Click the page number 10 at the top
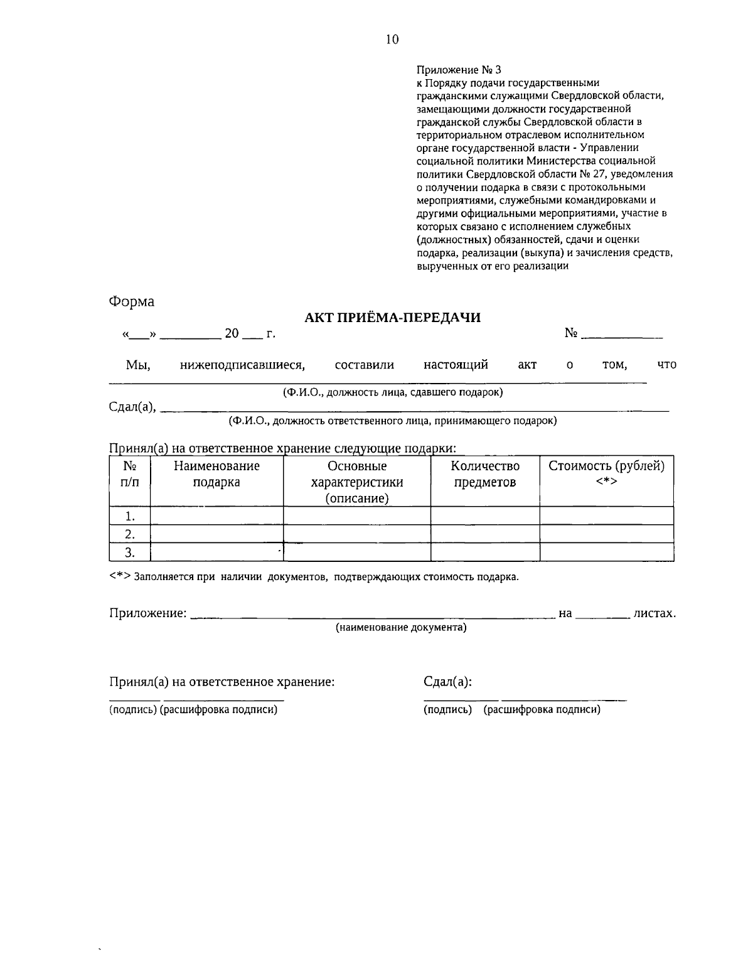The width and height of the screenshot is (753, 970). (392, 40)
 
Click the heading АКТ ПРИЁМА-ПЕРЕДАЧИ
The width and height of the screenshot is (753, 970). (392, 318)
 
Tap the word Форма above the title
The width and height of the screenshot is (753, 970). (132, 301)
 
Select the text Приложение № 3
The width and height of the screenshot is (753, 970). (459, 70)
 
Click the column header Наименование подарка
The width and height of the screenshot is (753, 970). (216, 474)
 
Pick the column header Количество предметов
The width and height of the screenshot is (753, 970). (485, 474)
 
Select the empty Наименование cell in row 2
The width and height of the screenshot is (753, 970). (216, 534)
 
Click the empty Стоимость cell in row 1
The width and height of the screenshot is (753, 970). (606, 516)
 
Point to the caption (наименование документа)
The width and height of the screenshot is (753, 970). (401, 627)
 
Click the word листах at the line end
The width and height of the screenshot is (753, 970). (654, 613)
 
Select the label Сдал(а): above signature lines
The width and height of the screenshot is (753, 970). (448, 682)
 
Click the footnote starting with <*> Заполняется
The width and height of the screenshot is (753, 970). (314, 576)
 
